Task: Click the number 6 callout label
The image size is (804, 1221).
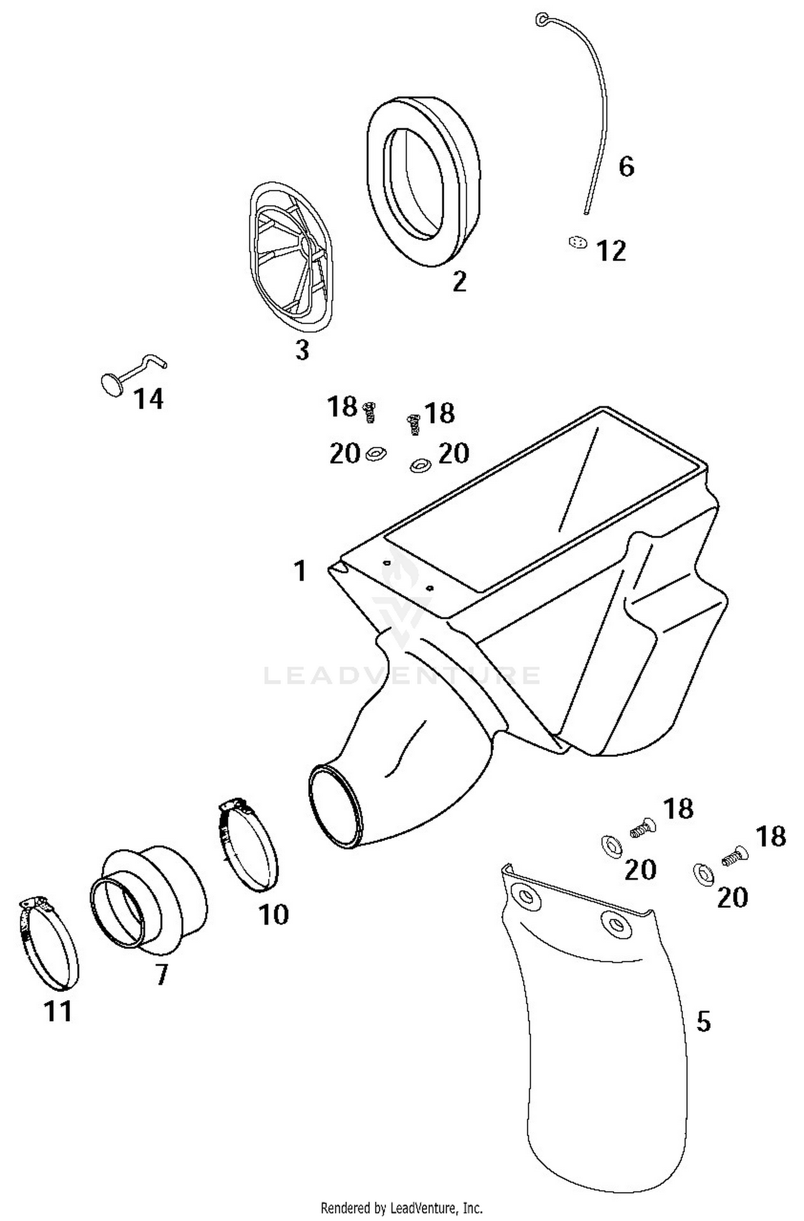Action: (x=626, y=167)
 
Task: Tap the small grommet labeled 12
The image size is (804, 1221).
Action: (x=577, y=243)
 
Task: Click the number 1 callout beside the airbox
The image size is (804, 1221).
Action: (x=300, y=571)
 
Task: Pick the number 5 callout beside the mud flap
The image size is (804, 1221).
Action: (x=703, y=1022)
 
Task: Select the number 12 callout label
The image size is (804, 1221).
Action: (x=611, y=251)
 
